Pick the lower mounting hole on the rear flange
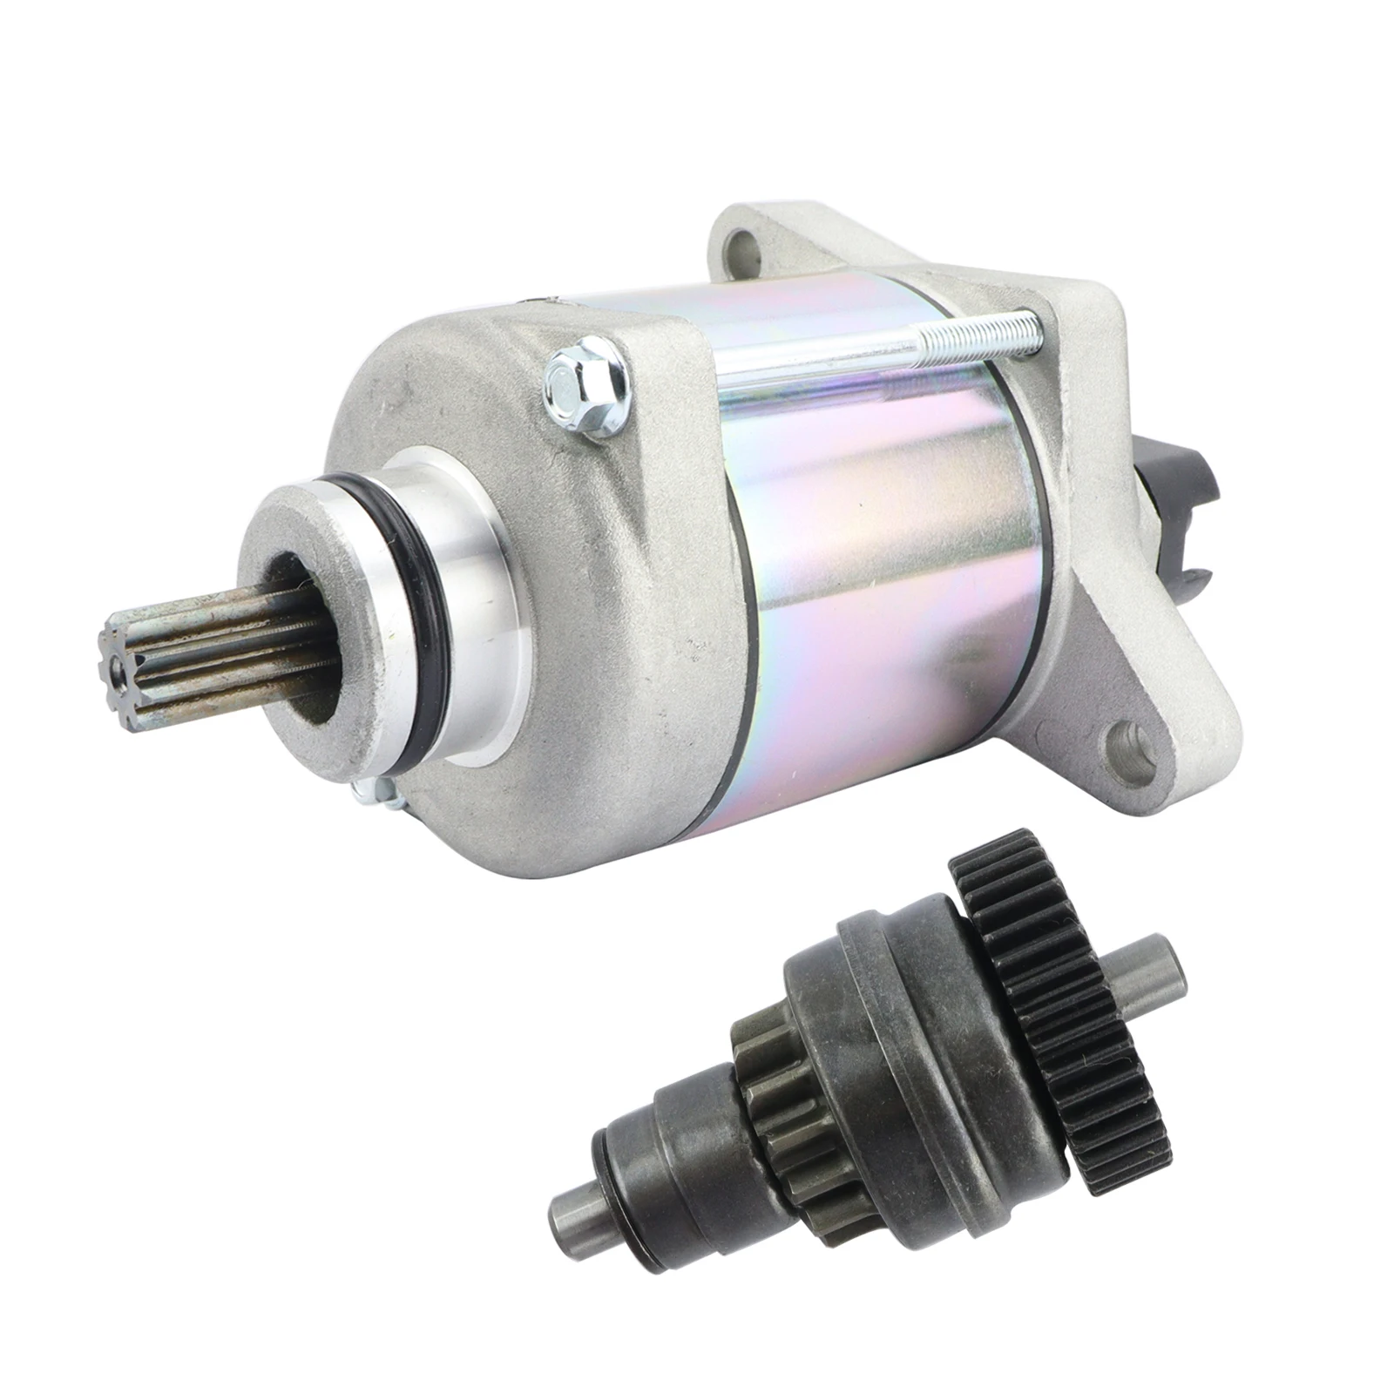1131,747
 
